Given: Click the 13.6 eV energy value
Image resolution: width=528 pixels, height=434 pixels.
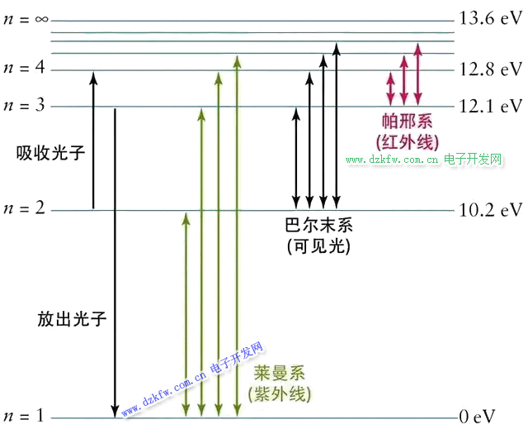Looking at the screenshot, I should (x=492, y=20).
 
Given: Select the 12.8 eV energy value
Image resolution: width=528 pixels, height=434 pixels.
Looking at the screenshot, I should (x=492, y=69).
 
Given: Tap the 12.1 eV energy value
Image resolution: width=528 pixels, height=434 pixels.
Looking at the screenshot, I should (x=492, y=106).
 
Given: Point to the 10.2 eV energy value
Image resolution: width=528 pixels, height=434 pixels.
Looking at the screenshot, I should (x=492, y=209).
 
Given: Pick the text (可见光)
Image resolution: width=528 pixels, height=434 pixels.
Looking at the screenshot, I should (x=318, y=246).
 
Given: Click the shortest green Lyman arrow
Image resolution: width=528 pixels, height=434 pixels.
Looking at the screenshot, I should (x=186, y=314).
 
